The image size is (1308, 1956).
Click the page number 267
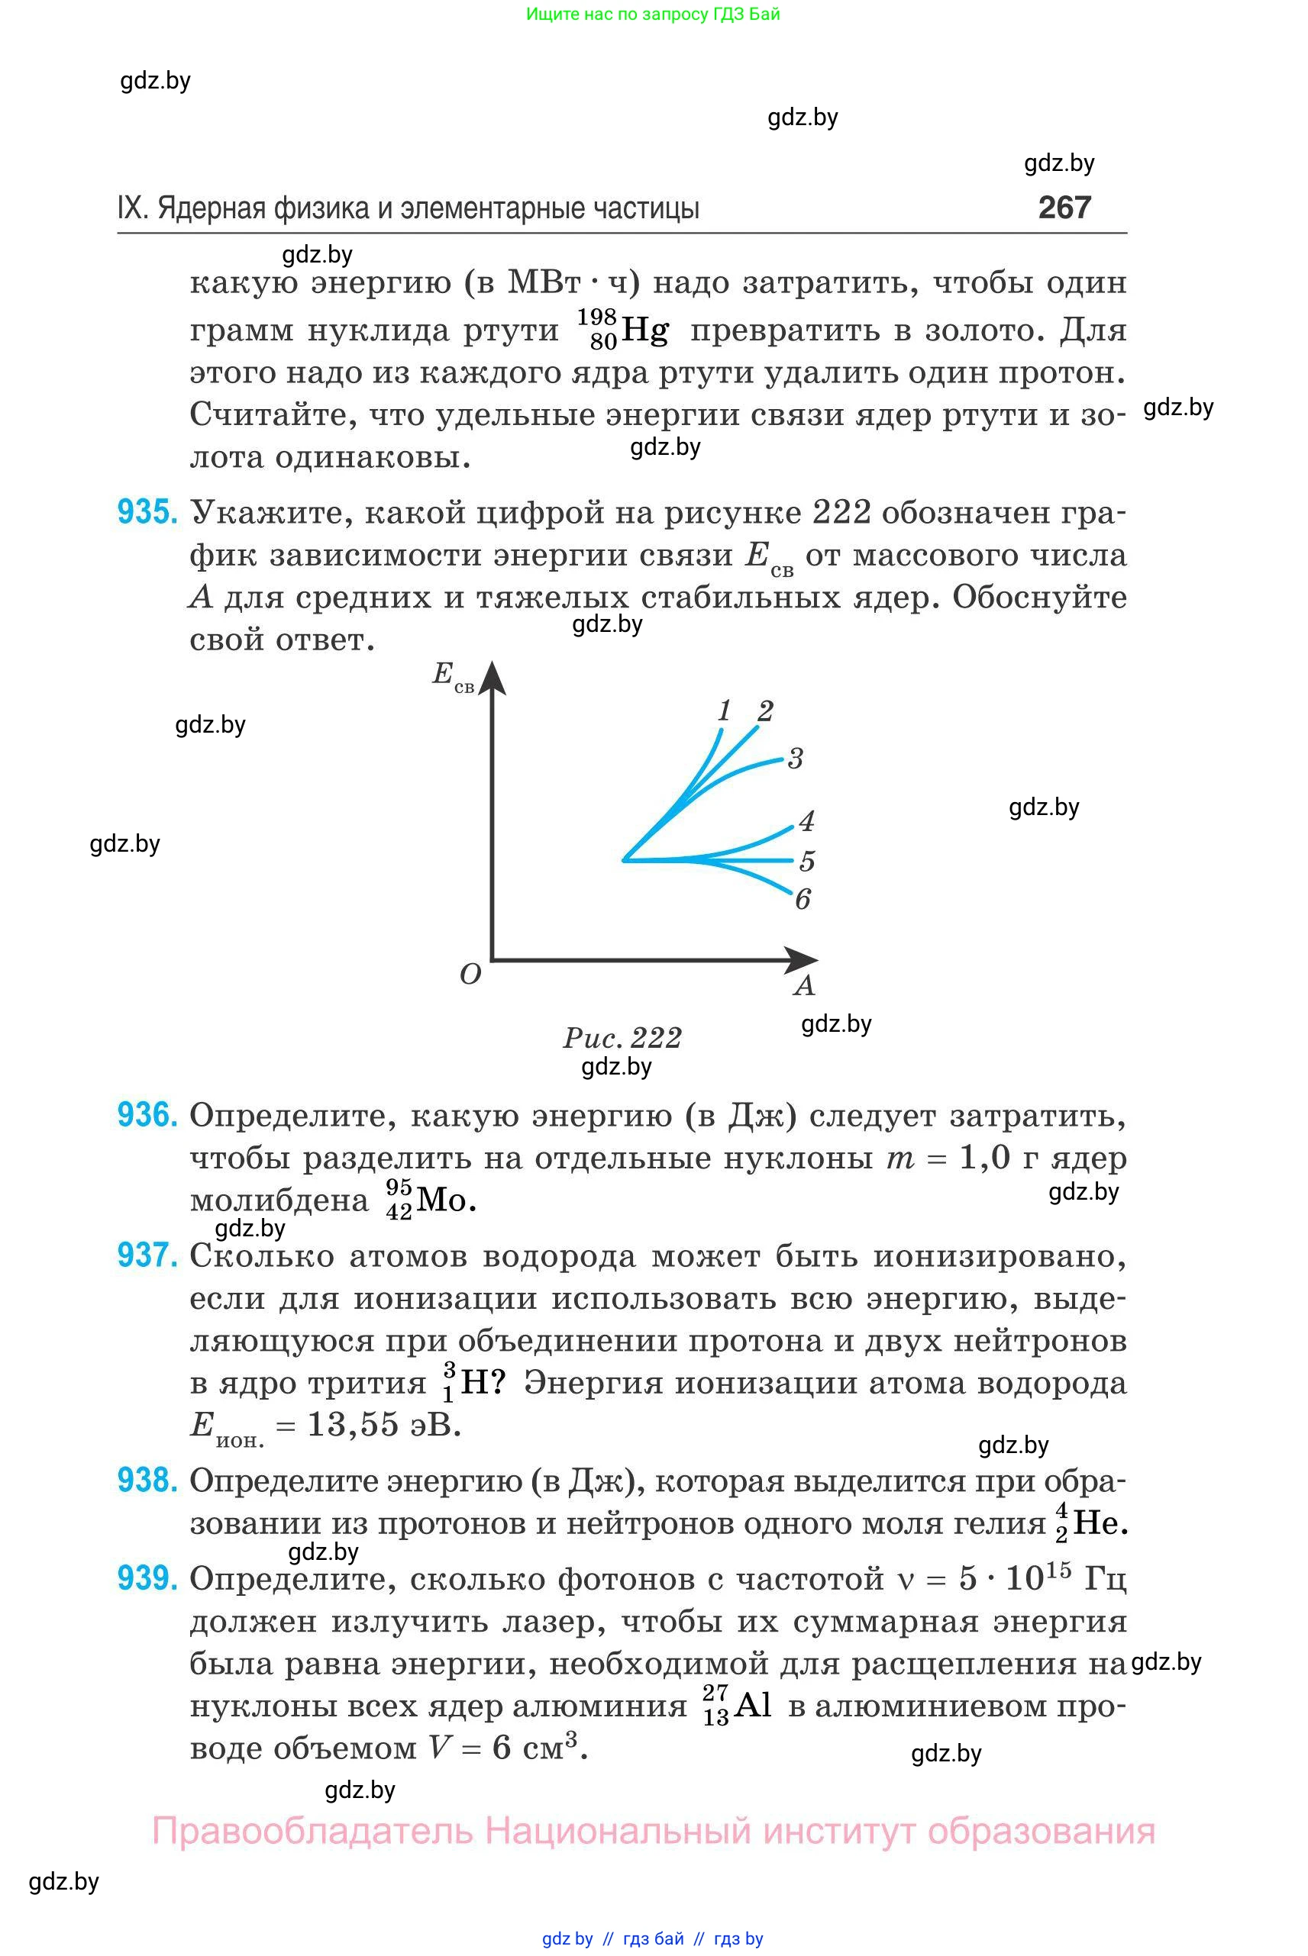pos(1064,207)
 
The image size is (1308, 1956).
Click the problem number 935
pos(147,512)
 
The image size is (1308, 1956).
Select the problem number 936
pos(147,1115)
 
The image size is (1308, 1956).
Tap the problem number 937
pos(147,1255)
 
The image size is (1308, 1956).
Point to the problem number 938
pos(147,1480)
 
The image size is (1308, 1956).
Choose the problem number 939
pos(147,1577)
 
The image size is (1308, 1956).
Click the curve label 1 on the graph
pos(724,711)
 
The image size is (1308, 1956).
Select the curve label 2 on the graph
pos(765,711)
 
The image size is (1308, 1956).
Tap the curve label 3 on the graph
pos(795,759)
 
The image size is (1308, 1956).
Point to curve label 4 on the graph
pos(806,821)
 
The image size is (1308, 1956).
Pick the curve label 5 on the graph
pos(806,860)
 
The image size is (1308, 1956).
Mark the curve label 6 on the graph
pos(803,899)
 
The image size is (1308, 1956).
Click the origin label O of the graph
pos(470,974)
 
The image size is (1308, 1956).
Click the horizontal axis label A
pos(804,985)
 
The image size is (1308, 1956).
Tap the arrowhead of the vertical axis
pos(493,677)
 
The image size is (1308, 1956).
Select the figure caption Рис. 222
pos(622,1037)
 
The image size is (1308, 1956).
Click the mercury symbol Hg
pos(644,331)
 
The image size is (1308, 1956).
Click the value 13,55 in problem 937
pos(353,1424)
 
